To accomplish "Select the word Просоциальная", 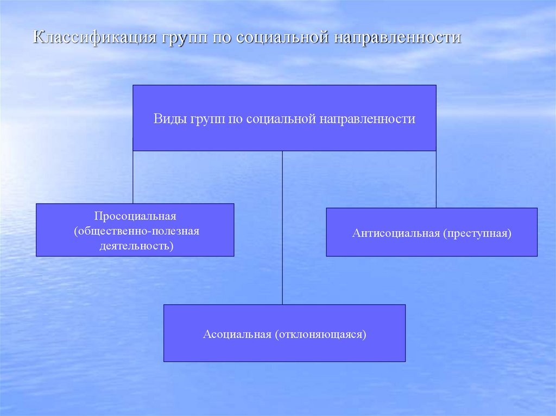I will (135, 216).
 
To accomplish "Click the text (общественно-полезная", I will (137, 232).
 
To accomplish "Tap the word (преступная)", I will (477, 234).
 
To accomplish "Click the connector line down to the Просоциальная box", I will (133, 177).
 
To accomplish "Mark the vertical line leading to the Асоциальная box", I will (282, 228).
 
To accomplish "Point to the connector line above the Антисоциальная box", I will (436, 179).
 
